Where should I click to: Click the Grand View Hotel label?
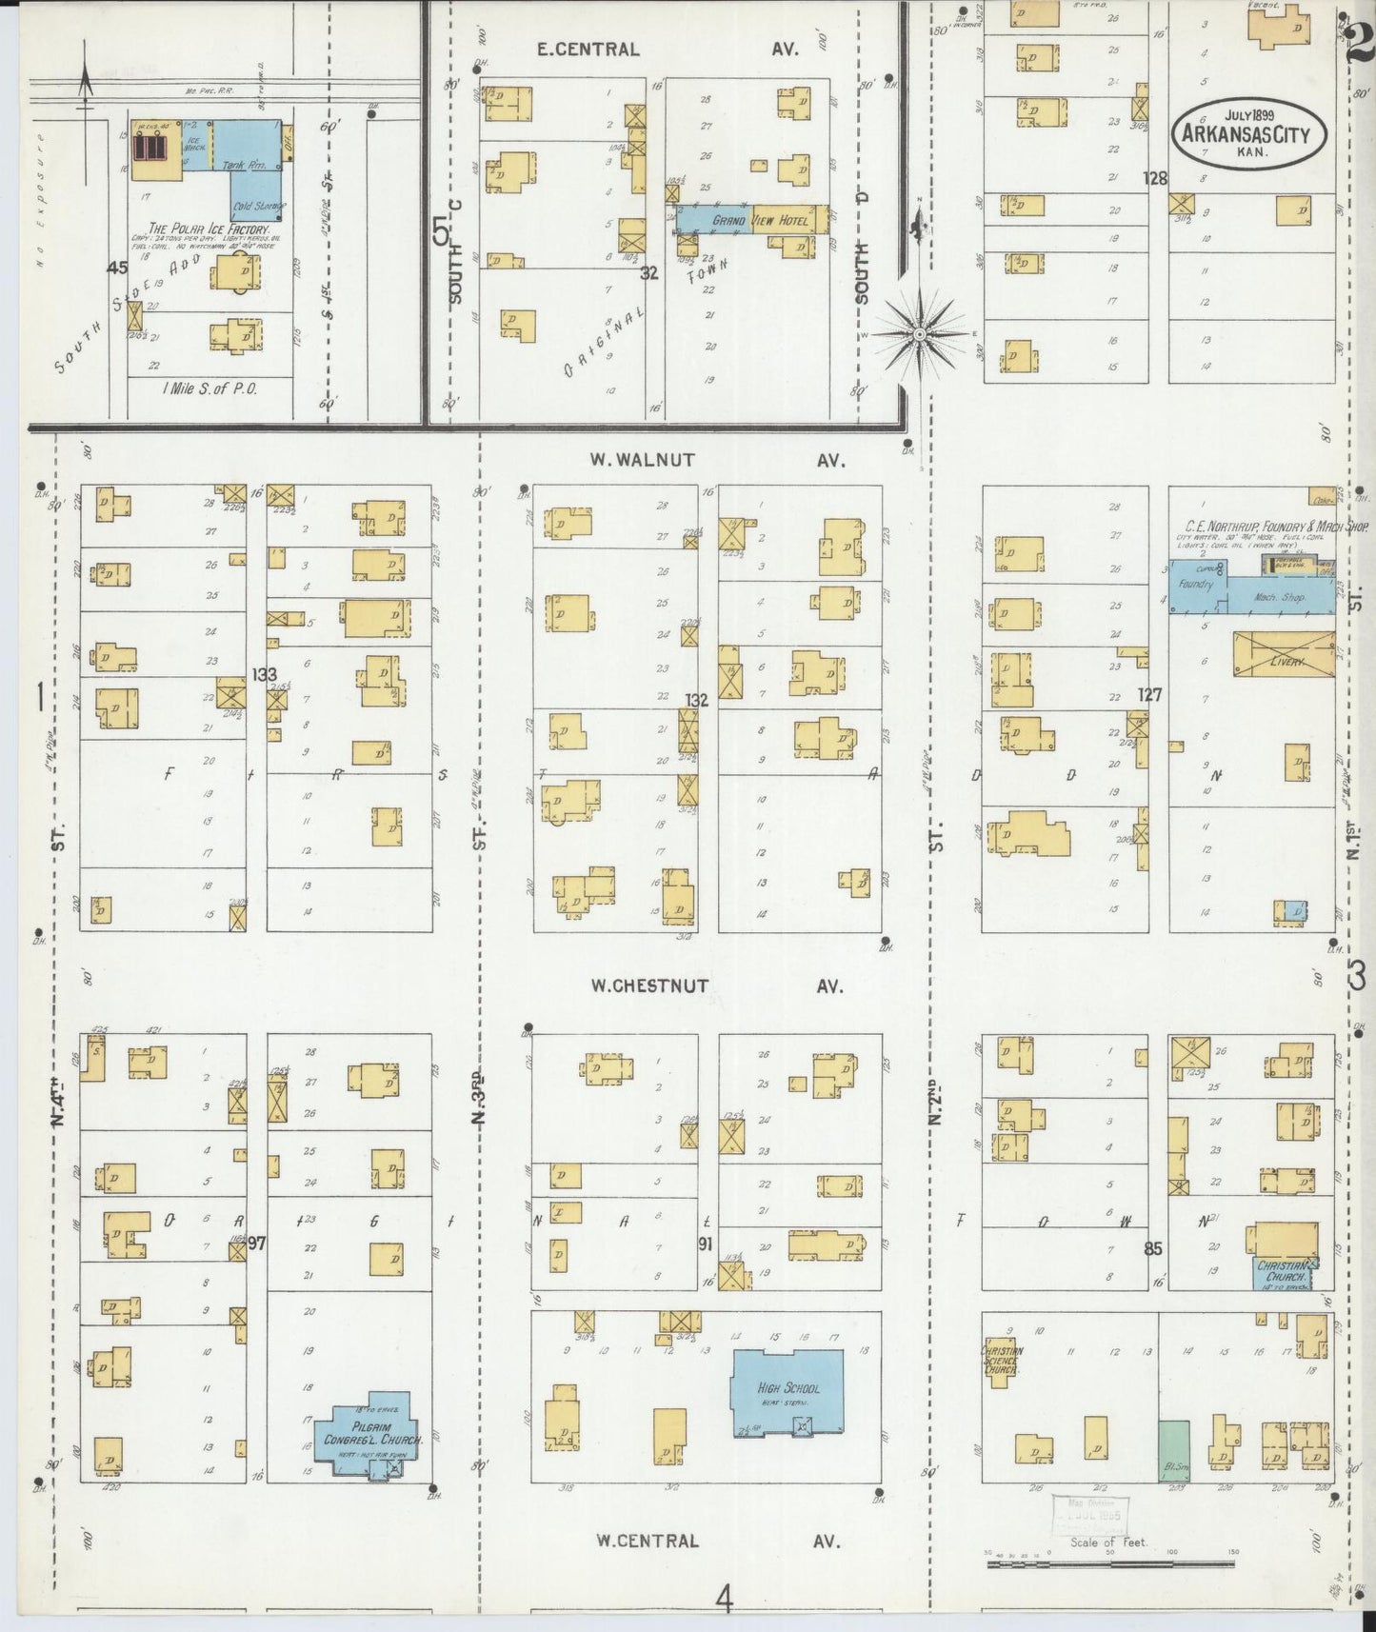point(759,221)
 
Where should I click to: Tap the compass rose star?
point(919,334)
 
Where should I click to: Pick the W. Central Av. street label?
point(717,1540)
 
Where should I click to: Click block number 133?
point(264,675)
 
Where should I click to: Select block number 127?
point(1149,695)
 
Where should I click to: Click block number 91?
point(705,1243)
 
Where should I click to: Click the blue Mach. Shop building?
point(1280,598)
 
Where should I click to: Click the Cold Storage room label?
point(255,207)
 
